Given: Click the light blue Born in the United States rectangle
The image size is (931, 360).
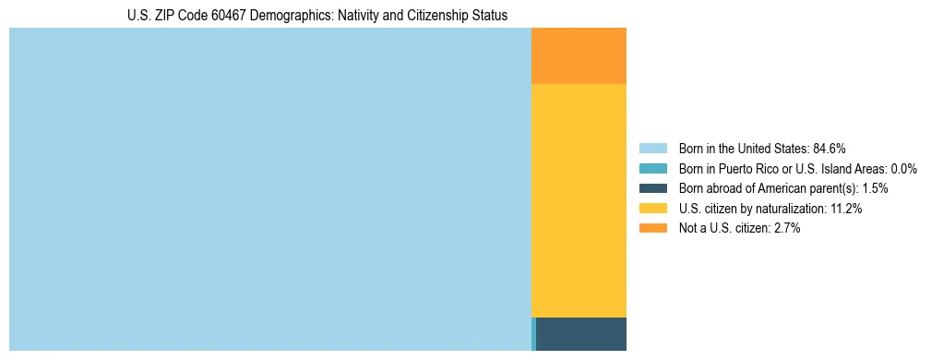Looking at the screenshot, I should [269, 189].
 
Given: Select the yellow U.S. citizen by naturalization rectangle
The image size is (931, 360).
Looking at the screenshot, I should [579, 200].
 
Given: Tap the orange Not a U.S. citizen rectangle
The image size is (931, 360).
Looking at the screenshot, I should [579, 56].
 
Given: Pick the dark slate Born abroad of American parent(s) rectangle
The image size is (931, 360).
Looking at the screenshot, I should [581, 333].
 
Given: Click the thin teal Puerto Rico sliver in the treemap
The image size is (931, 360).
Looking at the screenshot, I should [533, 333].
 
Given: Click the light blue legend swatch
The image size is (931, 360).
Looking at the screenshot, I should [652, 149].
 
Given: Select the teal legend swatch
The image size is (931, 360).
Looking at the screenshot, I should [652, 169].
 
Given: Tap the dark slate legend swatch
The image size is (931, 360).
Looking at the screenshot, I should [652, 188].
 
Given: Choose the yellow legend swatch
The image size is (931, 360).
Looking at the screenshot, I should [652, 209].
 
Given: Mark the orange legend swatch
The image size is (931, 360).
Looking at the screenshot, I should [652, 228].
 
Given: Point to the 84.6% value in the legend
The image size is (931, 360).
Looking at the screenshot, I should [830, 149].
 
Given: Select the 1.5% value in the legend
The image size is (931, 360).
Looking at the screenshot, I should [872, 188].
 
